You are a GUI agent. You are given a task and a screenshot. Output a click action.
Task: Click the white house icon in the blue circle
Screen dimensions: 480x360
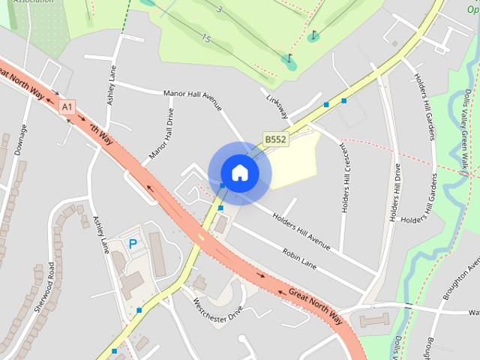[x=239, y=172]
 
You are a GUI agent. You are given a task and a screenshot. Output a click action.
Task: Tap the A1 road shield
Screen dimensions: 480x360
[x=68, y=107]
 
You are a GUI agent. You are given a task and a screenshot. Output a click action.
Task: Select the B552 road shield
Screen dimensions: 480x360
[x=275, y=139]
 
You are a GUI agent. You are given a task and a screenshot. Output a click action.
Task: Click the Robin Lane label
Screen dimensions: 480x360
[x=300, y=260]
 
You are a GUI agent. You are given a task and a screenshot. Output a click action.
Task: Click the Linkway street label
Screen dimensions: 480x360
[x=274, y=104]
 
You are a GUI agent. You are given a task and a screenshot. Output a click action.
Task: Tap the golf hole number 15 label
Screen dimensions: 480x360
[x=205, y=37]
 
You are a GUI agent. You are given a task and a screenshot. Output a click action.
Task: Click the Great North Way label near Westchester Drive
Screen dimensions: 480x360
[x=315, y=305]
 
